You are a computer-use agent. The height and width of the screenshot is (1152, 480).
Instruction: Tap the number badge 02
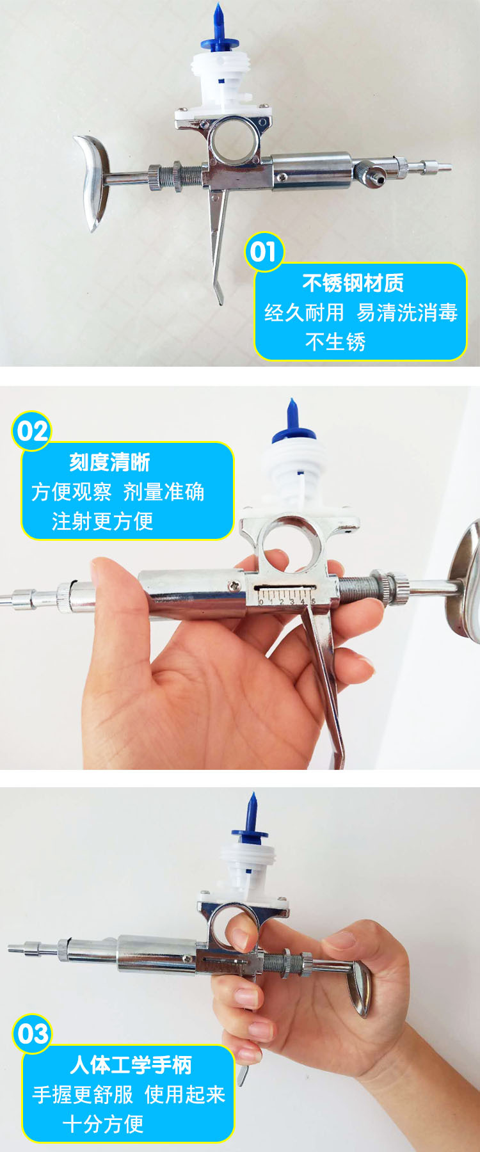point(32,431)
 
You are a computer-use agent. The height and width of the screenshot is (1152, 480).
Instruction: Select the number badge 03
point(32,1034)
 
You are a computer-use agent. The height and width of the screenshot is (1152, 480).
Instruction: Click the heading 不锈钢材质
point(353,283)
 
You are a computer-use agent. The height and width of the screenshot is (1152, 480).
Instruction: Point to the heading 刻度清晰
point(109,462)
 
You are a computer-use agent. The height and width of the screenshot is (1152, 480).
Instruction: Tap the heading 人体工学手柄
point(131,1065)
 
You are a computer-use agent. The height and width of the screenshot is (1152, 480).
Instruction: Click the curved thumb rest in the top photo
point(94,180)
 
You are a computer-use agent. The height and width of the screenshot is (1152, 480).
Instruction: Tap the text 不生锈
point(335,342)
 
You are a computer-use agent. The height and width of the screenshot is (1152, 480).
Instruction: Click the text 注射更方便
point(102,521)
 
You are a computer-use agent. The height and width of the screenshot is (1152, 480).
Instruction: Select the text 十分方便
point(103,1124)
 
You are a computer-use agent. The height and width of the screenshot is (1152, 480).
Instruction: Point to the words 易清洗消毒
point(407,312)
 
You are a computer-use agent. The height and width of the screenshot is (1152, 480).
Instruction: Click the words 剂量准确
point(164,492)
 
